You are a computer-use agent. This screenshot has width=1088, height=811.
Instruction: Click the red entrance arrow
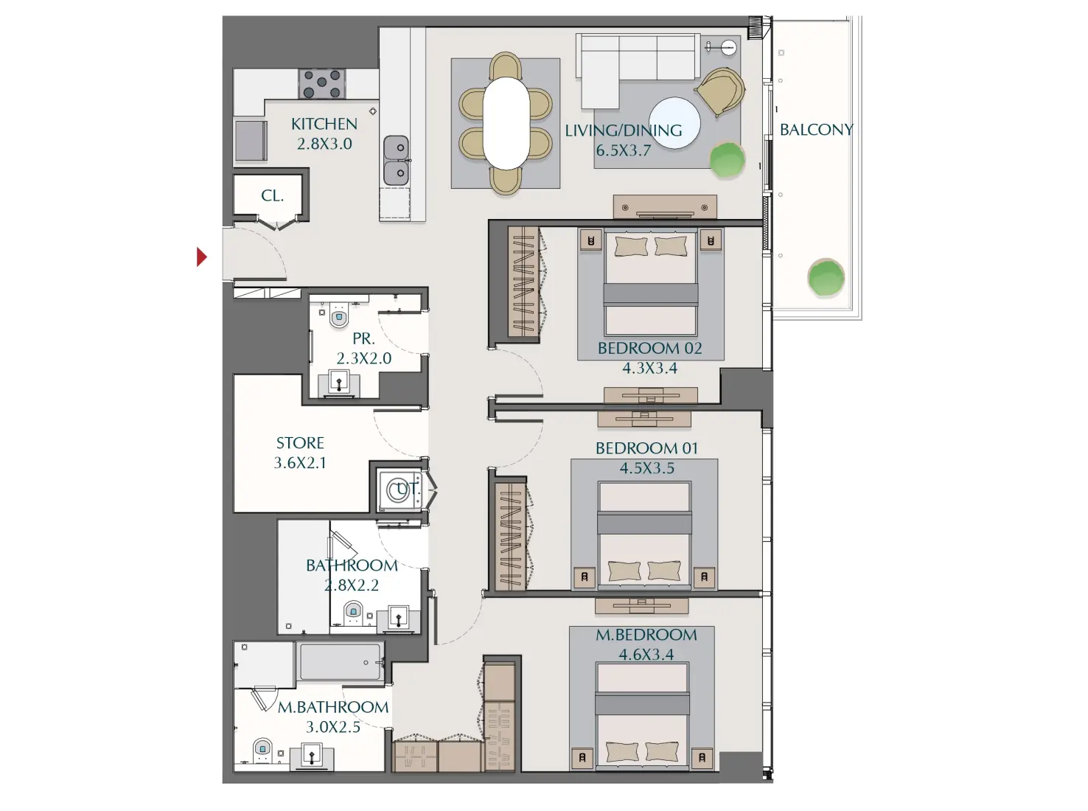[x=201, y=257]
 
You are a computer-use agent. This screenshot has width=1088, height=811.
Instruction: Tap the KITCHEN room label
[x=324, y=124]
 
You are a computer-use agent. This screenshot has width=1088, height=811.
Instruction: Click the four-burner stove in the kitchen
[x=322, y=83]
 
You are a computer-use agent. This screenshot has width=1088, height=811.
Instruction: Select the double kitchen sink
[x=396, y=160]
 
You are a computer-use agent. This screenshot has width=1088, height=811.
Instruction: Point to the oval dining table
[x=506, y=123]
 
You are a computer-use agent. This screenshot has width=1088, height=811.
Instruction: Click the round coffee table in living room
[x=674, y=123]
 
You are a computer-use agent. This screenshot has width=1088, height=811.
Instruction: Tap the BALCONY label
[x=816, y=130]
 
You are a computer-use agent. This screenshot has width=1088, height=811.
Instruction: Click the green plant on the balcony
[x=826, y=278]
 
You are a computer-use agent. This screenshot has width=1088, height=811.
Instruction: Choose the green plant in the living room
[x=727, y=160]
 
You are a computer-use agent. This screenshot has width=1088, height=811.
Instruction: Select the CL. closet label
[x=272, y=196]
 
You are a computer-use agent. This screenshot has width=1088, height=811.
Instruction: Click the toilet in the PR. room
[x=339, y=317]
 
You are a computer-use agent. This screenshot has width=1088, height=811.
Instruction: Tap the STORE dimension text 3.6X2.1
[x=300, y=463]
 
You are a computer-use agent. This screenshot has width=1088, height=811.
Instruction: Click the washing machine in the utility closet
[x=399, y=490]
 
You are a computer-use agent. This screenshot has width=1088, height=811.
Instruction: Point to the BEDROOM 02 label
[x=649, y=348]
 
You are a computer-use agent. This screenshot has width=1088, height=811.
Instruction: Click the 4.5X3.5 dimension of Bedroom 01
[x=646, y=468]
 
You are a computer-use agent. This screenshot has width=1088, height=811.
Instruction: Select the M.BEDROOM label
[x=646, y=635]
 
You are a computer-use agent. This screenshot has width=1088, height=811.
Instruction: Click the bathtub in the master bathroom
[x=340, y=661]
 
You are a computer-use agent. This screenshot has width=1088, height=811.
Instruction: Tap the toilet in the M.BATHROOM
[x=263, y=750]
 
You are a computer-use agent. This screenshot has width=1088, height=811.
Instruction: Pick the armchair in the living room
[x=720, y=91]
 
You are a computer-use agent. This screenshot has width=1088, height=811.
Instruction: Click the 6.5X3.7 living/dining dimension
[x=623, y=150]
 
